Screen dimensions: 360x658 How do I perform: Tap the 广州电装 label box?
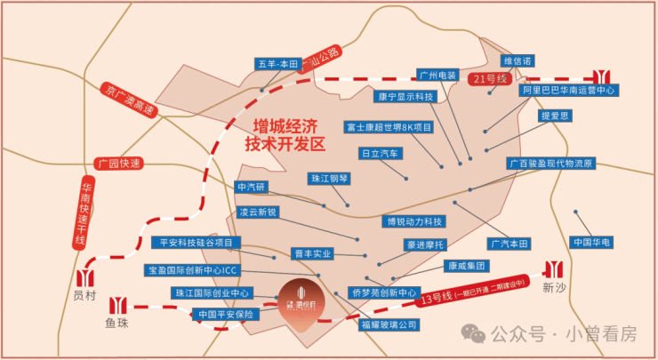(x=437, y=76)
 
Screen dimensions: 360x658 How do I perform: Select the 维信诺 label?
(x=518, y=61)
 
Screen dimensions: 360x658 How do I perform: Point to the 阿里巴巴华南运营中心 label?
(x=569, y=91)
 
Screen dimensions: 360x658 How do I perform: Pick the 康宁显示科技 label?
(x=405, y=96)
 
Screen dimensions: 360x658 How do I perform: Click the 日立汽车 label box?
(x=382, y=153)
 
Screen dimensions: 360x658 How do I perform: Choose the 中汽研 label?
(x=252, y=187)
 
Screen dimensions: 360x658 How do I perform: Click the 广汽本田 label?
(x=509, y=243)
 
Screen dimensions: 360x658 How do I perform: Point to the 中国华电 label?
(x=591, y=242)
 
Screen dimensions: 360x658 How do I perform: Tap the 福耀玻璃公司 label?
(x=389, y=325)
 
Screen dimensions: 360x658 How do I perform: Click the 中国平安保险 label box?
(x=226, y=314)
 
